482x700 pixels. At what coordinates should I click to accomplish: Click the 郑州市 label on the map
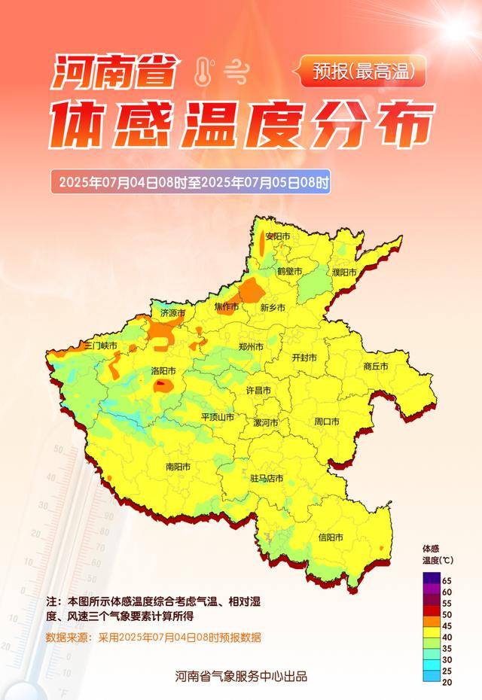click(x=251, y=347)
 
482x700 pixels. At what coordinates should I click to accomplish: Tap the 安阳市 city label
click(x=277, y=236)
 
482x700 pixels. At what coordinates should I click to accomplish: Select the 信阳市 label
click(x=331, y=537)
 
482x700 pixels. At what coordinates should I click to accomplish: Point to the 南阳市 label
click(x=178, y=467)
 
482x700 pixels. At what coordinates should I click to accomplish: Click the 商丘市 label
click(x=375, y=367)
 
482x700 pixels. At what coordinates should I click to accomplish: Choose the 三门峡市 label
click(x=101, y=345)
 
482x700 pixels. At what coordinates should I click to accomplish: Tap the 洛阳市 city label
click(x=163, y=371)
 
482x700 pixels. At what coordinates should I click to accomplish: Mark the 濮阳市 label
click(x=343, y=272)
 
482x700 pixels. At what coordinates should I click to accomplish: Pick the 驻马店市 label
click(x=267, y=478)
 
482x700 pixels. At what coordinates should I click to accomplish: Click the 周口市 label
click(x=327, y=422)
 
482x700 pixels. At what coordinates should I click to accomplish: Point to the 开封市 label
click(x=304, y=358)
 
